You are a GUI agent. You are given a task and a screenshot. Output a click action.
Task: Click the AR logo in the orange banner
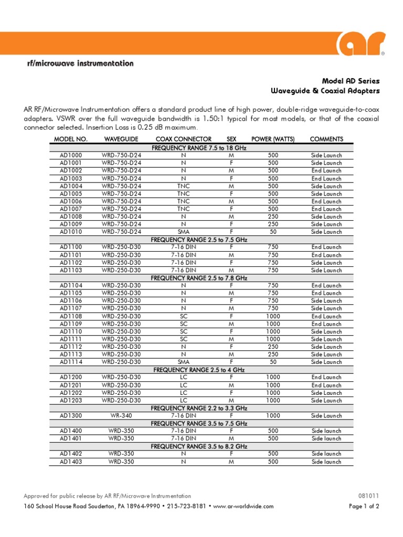(362, 44)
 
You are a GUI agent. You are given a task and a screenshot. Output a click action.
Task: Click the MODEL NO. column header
(70, 139)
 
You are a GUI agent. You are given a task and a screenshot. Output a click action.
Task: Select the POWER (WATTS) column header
(273, 139)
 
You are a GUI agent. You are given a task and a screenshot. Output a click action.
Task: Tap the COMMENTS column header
(326, 139)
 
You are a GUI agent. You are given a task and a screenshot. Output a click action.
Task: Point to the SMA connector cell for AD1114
(183, 362)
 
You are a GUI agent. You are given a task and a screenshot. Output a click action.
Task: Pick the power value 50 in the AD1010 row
(273, 232)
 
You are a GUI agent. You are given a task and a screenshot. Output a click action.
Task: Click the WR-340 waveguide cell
(121, 416)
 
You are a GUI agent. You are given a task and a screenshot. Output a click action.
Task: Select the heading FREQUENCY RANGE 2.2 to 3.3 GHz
(199, 408)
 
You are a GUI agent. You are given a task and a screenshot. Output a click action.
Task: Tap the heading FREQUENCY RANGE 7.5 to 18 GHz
(199, 148)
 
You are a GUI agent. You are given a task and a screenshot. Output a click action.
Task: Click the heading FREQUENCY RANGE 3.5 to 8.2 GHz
(199, 446)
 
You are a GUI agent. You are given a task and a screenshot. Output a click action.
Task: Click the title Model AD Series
(351, 81)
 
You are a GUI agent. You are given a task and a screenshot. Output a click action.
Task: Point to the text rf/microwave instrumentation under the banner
(80, 63)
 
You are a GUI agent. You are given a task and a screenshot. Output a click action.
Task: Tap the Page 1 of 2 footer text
(364, 507)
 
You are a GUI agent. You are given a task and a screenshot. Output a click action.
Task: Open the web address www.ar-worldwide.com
(244, 507)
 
